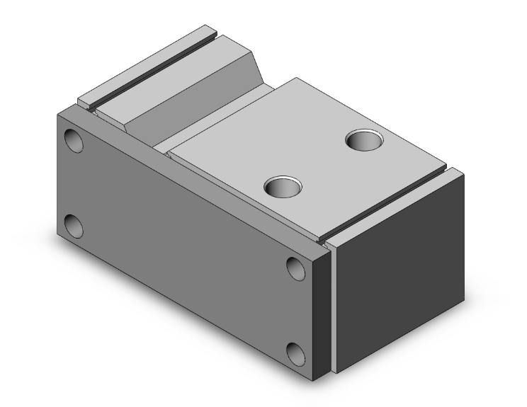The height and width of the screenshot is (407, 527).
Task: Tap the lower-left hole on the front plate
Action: (73, 227)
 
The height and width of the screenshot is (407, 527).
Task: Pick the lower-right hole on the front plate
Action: (296, 352)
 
